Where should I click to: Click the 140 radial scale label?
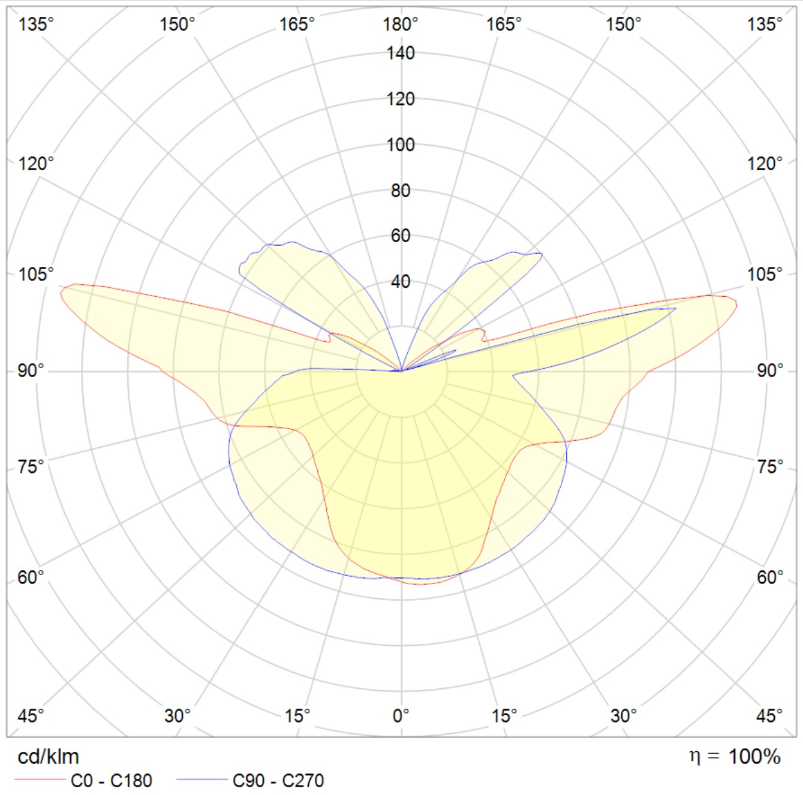point(400,53)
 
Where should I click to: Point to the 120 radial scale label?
point(400,99)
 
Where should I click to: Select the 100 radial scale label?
point(400,144)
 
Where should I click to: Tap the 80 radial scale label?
point(400,191)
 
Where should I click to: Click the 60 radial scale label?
point(400,236)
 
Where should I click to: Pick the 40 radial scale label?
point(400,281)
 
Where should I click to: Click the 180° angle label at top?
point(400,25)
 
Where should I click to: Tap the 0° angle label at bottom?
point(400,715)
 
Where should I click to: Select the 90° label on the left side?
point(31,371)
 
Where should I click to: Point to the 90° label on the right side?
point(770,371)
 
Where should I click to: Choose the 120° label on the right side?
point(765,163)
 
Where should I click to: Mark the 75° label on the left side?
point(31,466)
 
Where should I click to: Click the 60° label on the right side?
point(770,577)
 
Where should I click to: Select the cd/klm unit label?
point(48,757)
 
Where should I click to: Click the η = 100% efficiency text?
point(735,757)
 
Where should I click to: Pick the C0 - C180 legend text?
point(112,781)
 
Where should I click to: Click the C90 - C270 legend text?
point(278,781)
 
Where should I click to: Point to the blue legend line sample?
point(201,780)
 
